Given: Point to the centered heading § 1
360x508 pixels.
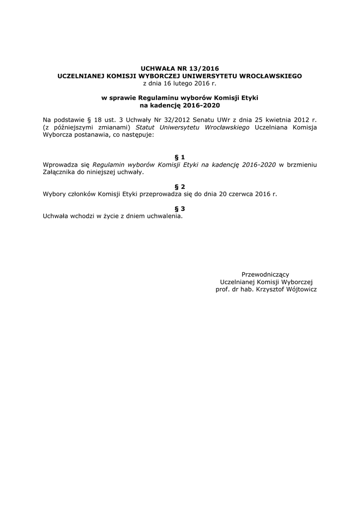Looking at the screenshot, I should (180, 157).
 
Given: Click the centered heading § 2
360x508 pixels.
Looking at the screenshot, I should (180, 187).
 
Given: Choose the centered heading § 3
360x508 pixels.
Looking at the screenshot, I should (180, 209).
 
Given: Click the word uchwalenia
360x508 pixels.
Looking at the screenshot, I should (164, 216).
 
